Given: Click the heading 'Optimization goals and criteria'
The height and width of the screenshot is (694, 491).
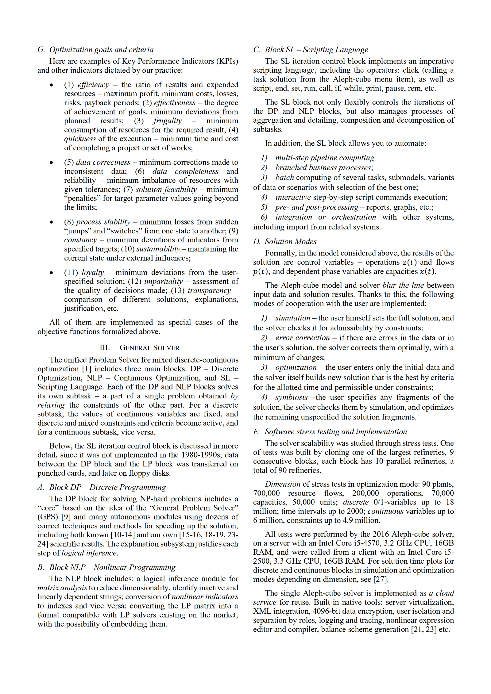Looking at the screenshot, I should pos(101,50).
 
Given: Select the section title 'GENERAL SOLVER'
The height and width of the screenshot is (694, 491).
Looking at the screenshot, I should pos(149,347).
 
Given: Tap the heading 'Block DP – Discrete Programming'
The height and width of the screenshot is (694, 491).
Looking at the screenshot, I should pos(107,487).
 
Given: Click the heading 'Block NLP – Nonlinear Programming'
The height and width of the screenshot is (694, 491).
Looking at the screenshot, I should pos(112,567).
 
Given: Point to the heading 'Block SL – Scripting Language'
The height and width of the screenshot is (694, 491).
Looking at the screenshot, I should pos(316,50).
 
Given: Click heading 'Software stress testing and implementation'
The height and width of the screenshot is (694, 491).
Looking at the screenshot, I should pos(336,431).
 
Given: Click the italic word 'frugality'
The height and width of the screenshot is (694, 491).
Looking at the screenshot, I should pos(168,121).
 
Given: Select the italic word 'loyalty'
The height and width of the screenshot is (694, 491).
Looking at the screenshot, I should pos(93,272).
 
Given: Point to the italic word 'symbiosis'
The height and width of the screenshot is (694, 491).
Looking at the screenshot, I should pos(291,397).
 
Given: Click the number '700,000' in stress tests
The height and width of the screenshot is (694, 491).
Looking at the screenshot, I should pos(266,493).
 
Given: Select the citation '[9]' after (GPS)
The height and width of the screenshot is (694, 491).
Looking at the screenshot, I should pos(66,517).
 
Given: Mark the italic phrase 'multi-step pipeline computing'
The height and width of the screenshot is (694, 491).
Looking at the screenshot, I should pos(326,158).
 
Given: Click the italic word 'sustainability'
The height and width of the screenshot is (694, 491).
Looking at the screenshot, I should pos(158,249).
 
